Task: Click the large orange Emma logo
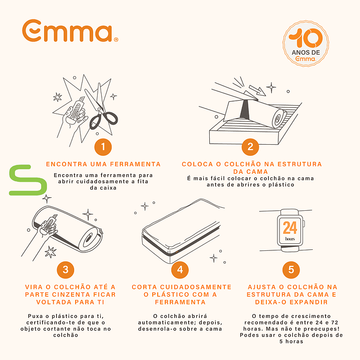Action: pyautogui.click(x=70, y=31)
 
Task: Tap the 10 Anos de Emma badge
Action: pyautogui.click(x=305, y=44)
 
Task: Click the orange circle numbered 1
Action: pyautogui.click(x=103, y=147)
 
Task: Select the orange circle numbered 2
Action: pyautogui.click(x=250, y=147)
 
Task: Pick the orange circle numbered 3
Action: pyautogui.click(x=66, y=270)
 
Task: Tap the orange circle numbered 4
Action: pyautogui.click(x=180, y=270)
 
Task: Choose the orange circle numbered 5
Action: pyautogui.click(x=291, y=270)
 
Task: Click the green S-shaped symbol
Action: pyautogui.click(x=28, y=180)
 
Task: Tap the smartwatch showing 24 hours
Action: pyautogui.click(x=290, y=230)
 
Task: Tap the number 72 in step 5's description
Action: pyautogui.click(x=335, y=322)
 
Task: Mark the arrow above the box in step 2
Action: pyautogui.click(x=257, y=90)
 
